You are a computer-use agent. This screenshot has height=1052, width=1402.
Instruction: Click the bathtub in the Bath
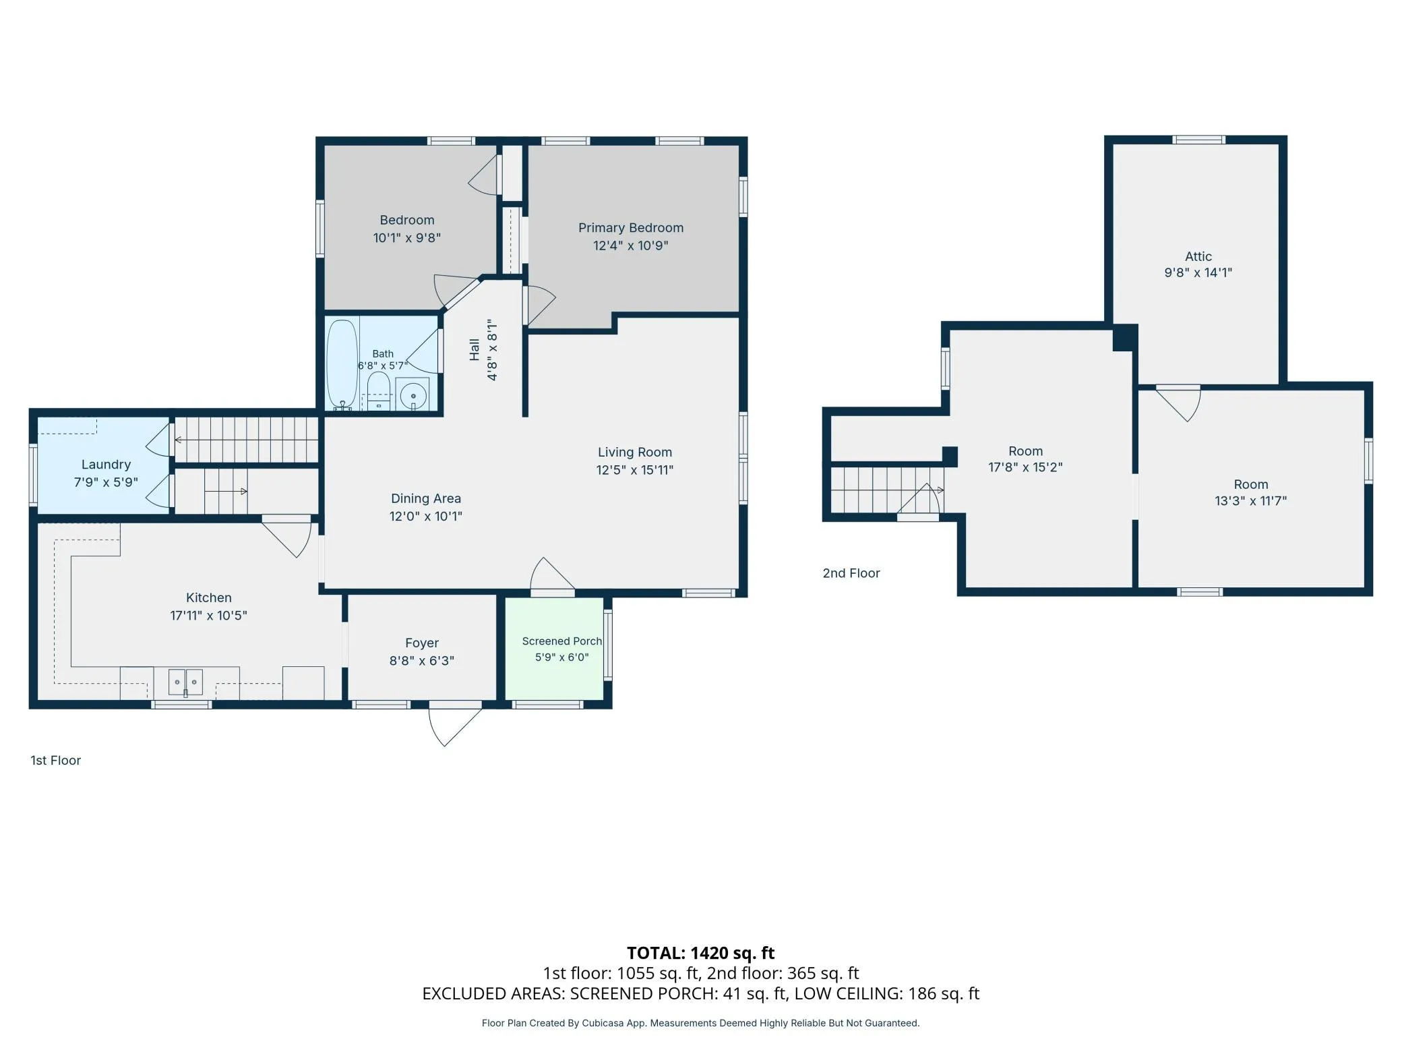[x=342, y=364]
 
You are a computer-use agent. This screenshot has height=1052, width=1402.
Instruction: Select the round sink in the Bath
[x=413, y=395]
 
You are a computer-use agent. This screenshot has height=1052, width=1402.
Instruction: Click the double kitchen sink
[x=185, y=682]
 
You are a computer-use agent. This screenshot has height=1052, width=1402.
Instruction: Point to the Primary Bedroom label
[x=631, y=228]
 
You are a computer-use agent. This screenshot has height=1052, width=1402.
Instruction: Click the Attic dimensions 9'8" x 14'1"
[x=1198, y=272]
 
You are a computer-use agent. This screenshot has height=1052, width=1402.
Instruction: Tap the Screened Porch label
[x=561, y=641]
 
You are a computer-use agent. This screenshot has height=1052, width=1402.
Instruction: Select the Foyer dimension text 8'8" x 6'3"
[x=422, y=661]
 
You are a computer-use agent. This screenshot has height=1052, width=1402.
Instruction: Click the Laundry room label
[x=106, y=465]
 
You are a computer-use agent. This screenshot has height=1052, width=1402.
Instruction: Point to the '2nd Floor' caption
[x=851, y=573]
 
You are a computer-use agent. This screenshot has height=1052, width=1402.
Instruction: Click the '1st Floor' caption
[x=55, y=761]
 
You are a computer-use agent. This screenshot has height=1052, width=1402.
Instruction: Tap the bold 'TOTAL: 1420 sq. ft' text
[x=701, y=953]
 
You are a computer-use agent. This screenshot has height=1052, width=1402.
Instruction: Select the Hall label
[x=475, y=349]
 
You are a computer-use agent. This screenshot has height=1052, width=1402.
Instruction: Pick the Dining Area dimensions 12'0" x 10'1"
[x=426, y=517]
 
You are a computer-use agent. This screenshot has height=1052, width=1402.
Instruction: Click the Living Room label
[x=635, y=452]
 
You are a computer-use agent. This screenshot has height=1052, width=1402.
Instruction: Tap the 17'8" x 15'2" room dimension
[x=1025, y=467]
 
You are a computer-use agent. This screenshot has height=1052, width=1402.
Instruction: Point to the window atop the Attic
[x=1198, y=140]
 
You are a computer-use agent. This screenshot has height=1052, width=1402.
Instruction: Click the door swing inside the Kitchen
[x=286, y=536]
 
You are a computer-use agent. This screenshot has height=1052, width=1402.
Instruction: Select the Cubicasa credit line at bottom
[x=701, y=1023]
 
